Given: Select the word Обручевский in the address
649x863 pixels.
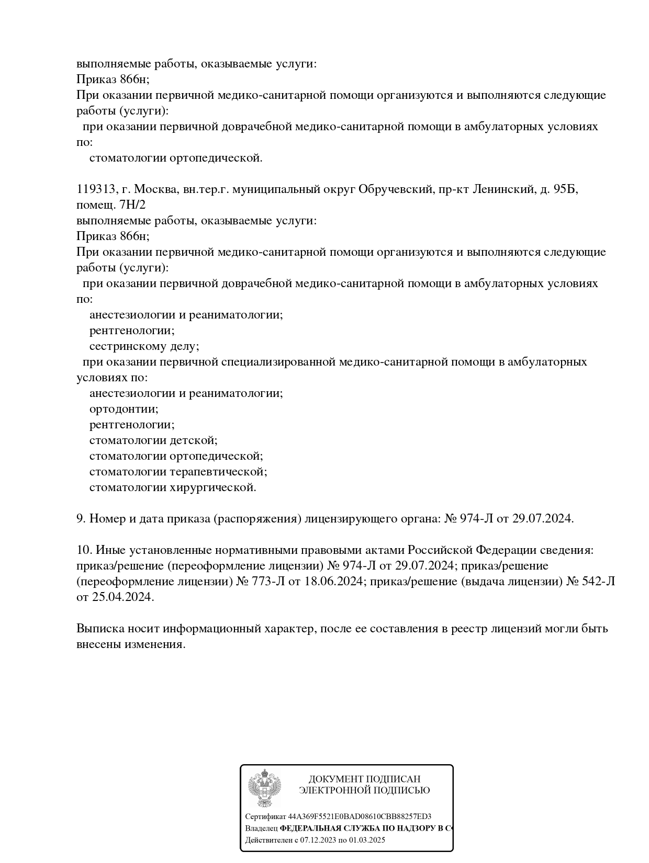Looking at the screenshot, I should [395, 189].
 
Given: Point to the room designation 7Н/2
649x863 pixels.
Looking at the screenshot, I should [133, 205].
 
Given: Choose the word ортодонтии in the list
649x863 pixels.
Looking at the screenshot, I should [124, 409].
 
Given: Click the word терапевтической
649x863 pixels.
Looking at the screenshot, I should [218, 472].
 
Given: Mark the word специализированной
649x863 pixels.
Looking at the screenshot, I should [277, 362].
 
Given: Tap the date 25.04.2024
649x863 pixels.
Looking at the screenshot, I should [123, 597].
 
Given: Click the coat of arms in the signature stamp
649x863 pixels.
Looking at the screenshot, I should [264, 788].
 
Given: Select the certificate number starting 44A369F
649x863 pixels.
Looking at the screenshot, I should [360, 816].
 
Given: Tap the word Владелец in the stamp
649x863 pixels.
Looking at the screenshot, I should [261, 828].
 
